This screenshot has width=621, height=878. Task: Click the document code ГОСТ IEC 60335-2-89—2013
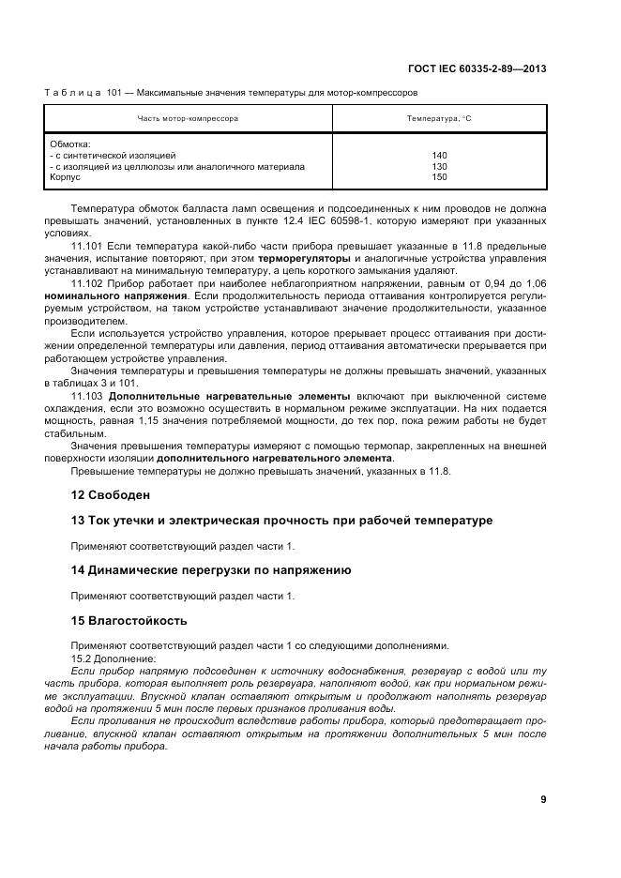[x=478, y=68]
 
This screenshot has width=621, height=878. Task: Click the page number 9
[x=543, y=799]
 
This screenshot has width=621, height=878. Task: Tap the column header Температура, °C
[x=439, y=119]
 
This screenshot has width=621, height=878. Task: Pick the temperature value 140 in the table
[x=439, y=156]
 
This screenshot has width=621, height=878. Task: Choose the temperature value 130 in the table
[x=439, y=167]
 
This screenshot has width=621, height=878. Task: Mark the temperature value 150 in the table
[x=439, y=177]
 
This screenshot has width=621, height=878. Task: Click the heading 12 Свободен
[x=111, y=494]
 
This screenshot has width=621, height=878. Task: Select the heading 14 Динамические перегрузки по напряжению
[x=211, y=569]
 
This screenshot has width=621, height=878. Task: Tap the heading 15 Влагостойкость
[x=129, y=620]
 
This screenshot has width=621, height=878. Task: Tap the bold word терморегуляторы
[x=305, y=257]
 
